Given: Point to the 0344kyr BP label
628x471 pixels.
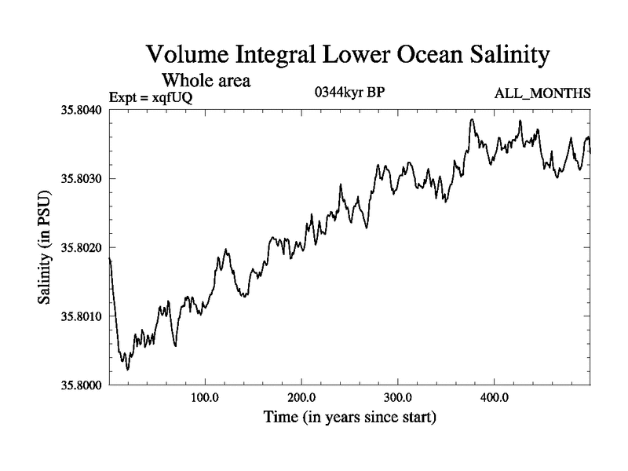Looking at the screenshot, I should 349,92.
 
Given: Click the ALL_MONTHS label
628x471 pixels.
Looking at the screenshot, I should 542,94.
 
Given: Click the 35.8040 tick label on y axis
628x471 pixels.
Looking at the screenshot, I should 78,109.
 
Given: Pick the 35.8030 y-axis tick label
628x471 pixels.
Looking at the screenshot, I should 78,178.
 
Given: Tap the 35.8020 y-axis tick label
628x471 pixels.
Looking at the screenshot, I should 78,247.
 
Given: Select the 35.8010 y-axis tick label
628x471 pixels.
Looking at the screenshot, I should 78,316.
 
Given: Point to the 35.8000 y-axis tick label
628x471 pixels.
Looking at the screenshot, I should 78,385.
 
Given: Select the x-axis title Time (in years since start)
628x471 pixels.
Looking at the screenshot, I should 349,417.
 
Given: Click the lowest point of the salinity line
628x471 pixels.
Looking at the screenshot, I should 127,369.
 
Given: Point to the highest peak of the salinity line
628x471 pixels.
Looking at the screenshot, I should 472,119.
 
